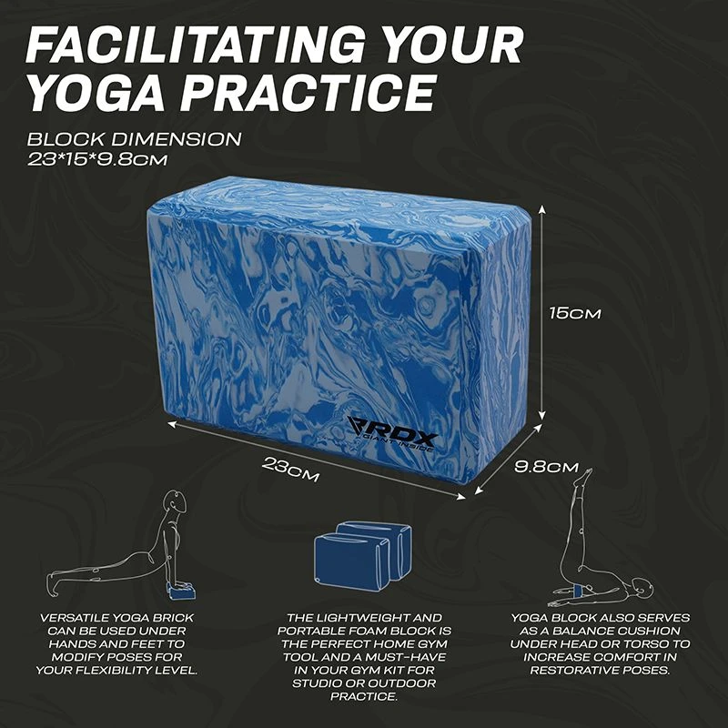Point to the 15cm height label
click(575, 312)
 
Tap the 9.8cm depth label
click(547, 467)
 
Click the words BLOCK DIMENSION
click(134, 140)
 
